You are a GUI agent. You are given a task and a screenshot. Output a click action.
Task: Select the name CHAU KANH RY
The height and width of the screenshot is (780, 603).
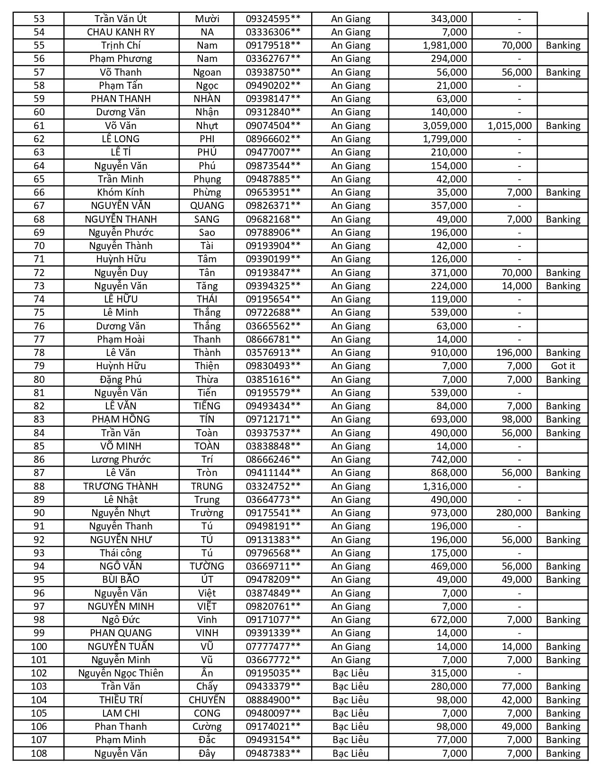point(121,32)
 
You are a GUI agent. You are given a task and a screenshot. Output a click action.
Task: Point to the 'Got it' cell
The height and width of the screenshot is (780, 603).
point(563,366)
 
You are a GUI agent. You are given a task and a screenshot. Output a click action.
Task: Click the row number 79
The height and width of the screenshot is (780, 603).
point(39,366)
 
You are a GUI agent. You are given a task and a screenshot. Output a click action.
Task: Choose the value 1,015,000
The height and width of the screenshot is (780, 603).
point(509,126)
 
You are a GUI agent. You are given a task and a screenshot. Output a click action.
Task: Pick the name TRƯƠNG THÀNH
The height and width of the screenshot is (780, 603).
point(121,486)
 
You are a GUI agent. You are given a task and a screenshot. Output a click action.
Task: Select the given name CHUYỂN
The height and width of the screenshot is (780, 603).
point(207,700)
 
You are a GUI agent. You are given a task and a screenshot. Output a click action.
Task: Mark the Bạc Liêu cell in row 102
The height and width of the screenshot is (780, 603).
point(350,673)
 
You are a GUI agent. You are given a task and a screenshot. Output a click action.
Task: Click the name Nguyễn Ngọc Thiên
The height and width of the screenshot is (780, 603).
point(121,673)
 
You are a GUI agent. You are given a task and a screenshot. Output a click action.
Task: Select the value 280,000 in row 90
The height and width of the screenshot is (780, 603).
point(514,513)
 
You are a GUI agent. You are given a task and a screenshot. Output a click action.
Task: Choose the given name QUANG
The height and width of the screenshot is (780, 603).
point(207,206)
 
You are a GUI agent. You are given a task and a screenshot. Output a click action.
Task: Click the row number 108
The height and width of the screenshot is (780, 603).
point(39,754)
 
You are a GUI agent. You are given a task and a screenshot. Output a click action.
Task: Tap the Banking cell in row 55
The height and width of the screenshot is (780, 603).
point(563,45)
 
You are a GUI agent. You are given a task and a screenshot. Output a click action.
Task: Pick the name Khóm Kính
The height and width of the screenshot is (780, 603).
point(121,192)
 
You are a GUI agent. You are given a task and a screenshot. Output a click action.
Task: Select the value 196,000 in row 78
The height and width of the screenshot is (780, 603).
point(514,353)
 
